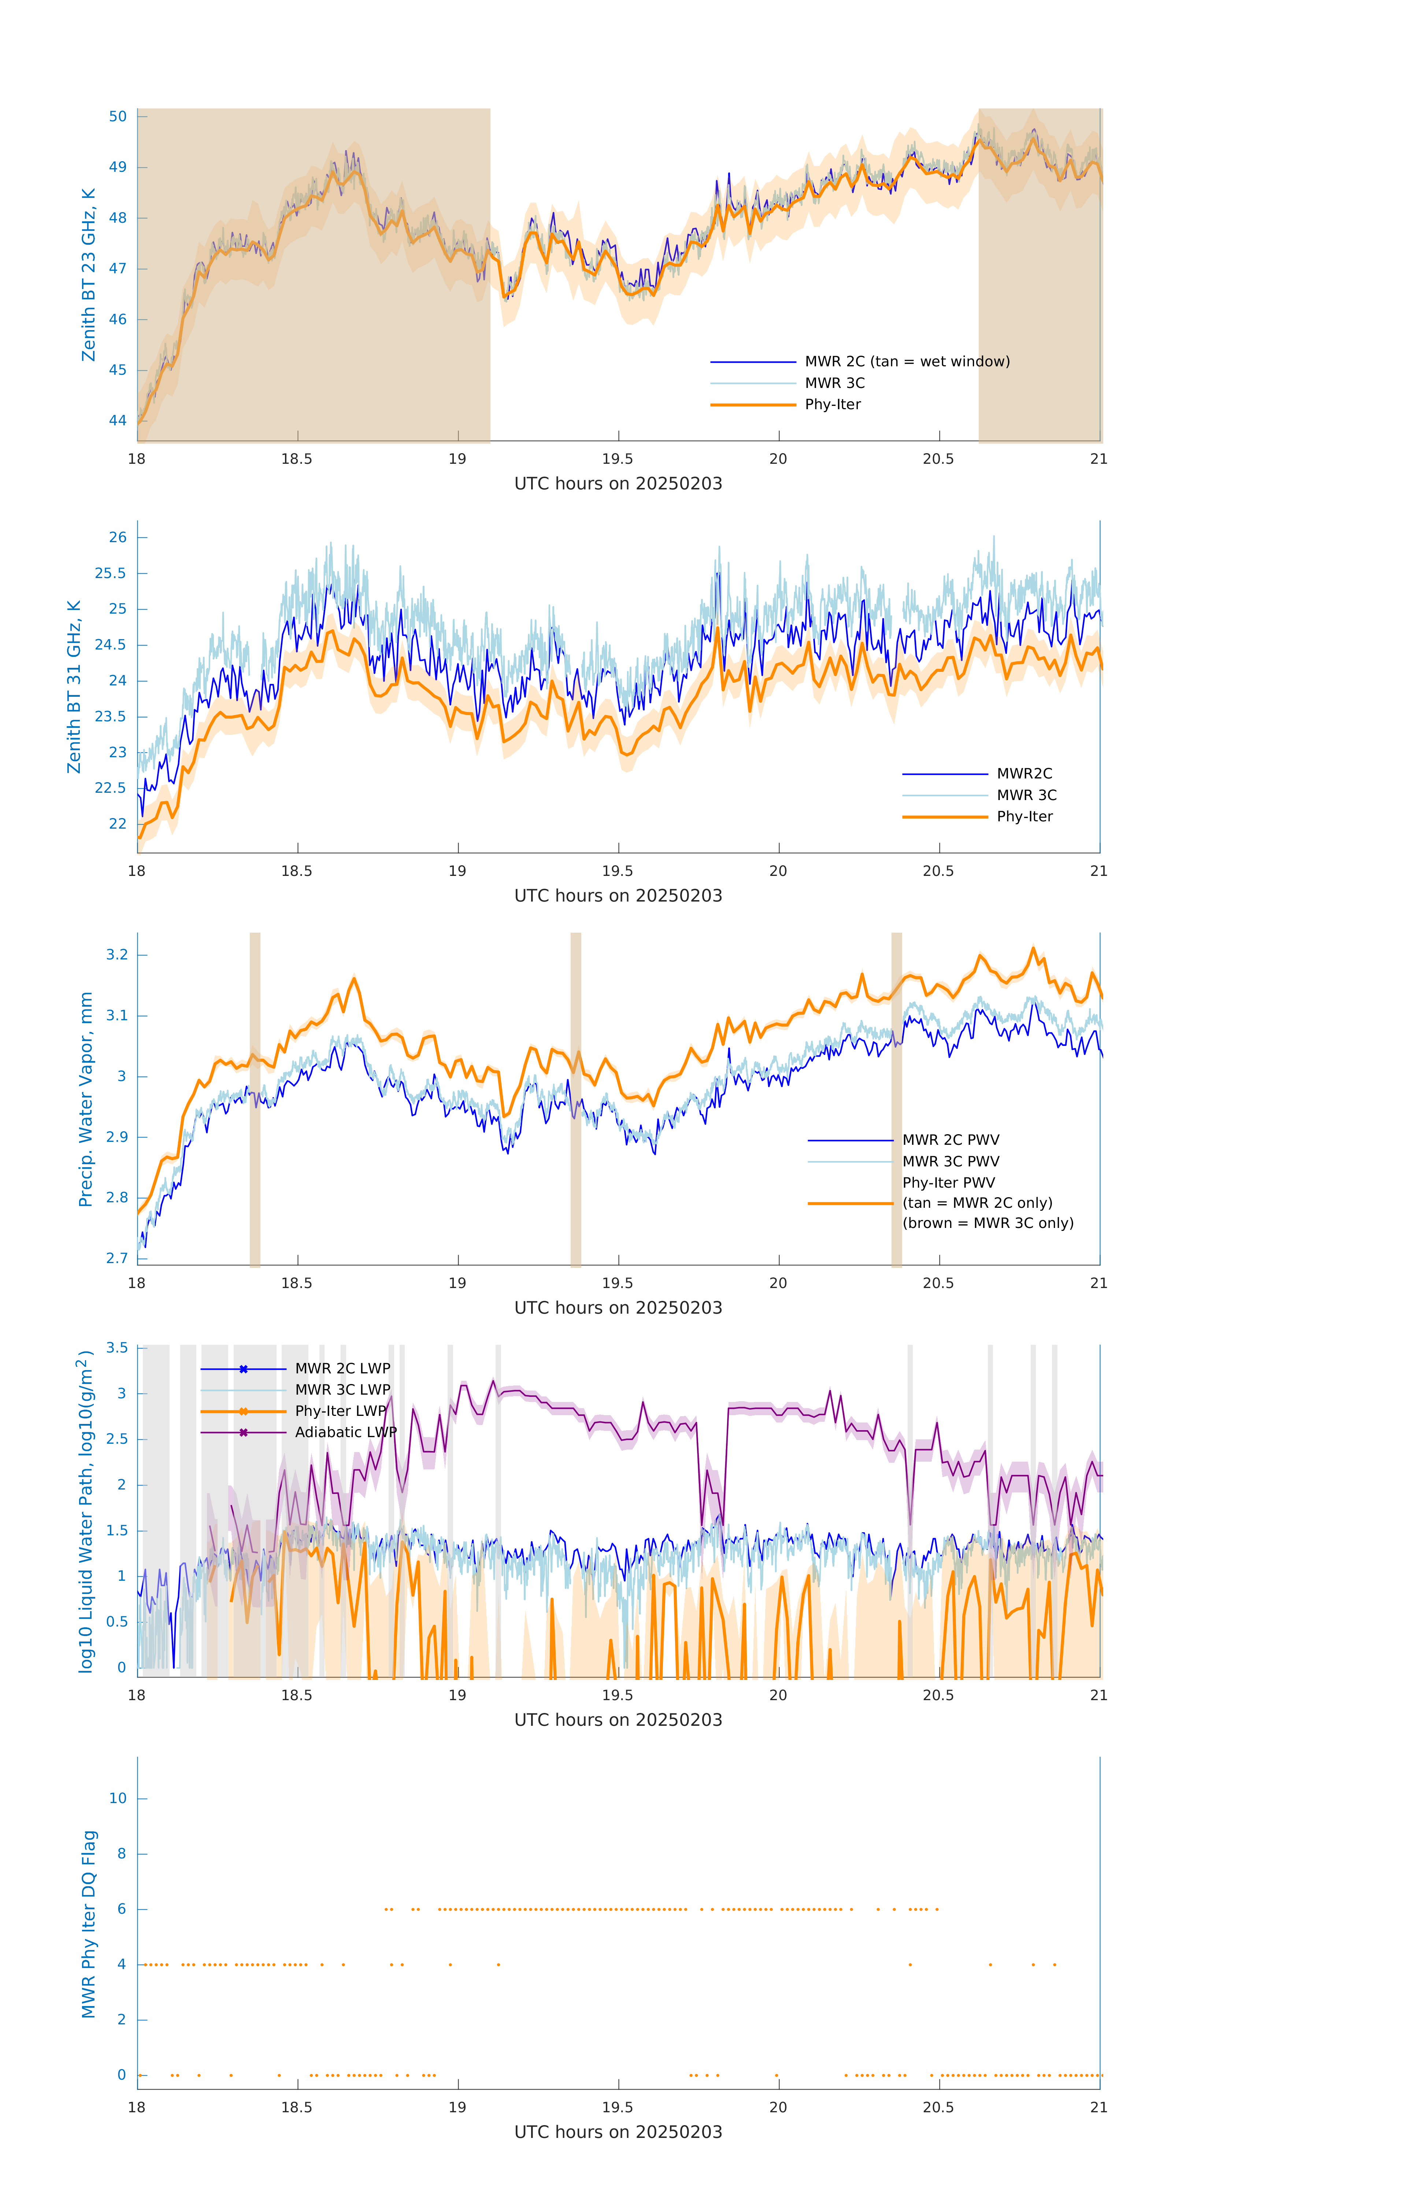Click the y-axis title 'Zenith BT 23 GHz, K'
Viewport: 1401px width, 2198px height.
[89, 275]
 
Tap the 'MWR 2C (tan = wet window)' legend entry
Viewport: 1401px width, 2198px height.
[906, 362]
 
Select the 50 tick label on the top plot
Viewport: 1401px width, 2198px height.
[118, 117]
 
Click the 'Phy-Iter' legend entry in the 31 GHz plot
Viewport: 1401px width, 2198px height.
[1024, 817]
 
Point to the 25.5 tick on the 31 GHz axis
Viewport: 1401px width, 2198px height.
[111, 573]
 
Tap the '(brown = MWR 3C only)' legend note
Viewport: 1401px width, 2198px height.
[987, 1223]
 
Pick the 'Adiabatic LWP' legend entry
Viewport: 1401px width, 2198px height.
[345, 1432]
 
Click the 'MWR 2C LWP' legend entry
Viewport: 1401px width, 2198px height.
[342, 1368]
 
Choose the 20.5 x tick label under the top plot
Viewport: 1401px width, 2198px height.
[938, 459]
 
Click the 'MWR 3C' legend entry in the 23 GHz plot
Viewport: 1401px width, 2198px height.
[834, 384]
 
